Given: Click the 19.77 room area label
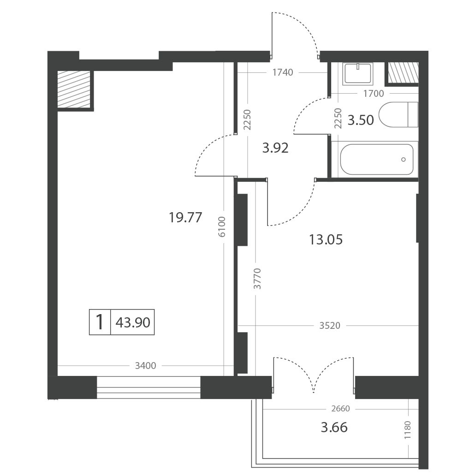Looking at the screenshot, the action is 185,218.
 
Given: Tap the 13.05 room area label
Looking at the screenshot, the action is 326,239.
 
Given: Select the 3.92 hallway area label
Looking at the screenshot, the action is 275,148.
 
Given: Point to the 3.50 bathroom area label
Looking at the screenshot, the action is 361,120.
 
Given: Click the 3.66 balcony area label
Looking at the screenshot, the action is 334,428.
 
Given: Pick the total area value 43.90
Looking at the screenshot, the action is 133,322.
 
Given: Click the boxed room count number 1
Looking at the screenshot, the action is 100,322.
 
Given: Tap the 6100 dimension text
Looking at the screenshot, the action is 222,226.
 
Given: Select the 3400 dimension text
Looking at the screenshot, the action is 145,366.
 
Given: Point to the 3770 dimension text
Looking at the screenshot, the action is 257,279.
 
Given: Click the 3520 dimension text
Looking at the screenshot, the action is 330,326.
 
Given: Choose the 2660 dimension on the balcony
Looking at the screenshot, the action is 340,409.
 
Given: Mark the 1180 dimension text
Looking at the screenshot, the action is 407,429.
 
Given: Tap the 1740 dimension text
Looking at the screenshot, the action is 283,72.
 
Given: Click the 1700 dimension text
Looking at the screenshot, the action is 374,94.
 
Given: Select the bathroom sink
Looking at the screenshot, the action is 358,74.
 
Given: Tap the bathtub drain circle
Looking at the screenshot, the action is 404,160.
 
